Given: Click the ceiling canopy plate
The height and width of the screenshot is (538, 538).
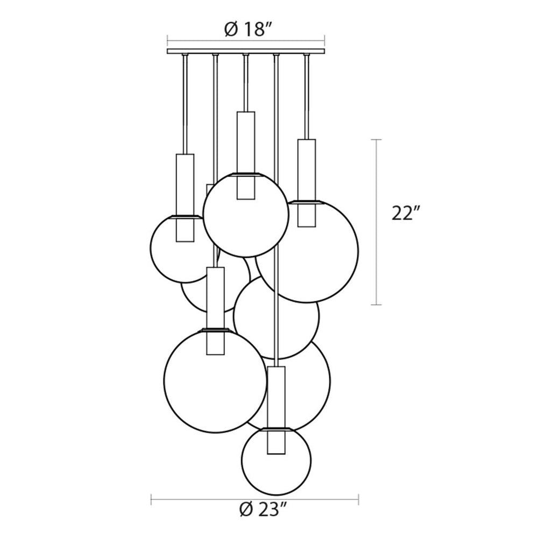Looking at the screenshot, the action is [x=246, y=51].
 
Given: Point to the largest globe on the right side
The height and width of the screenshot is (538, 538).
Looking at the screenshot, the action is [x=359, y=251].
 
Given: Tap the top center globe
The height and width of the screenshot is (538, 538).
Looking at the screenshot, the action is [x=246, y=257].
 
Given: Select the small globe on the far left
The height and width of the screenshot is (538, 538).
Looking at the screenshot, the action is [x=150, y=247].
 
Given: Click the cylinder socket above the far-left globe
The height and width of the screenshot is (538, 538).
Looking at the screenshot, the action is [x=185, y=197].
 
